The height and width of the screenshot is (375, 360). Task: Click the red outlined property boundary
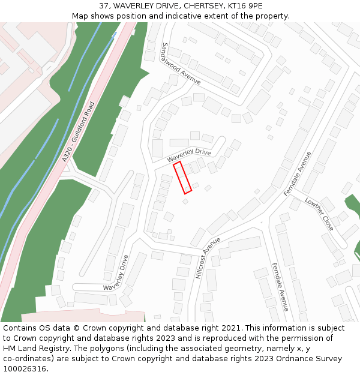tap(182, 178)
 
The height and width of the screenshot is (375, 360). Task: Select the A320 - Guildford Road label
tap(79, 132)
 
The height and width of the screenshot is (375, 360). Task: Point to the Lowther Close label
tap(319, 214)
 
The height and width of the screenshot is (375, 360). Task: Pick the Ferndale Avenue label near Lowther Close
tap(298, 174)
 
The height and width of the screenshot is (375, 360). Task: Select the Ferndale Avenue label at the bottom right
tap(280, 286)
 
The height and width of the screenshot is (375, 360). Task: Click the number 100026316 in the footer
tap(23, 368)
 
